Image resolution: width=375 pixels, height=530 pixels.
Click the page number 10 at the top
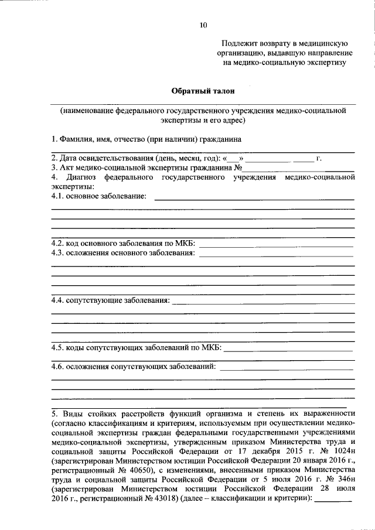tap(203, 25)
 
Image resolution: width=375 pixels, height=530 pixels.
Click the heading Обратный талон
tap(203, 91)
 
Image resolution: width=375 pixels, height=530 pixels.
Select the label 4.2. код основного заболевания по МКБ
tap(124, 243)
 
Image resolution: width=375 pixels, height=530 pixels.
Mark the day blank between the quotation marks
tap(233, 158)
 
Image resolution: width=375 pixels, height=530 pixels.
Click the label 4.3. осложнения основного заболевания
tap(123, 252)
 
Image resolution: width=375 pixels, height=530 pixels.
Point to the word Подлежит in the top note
tap(238, 43)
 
